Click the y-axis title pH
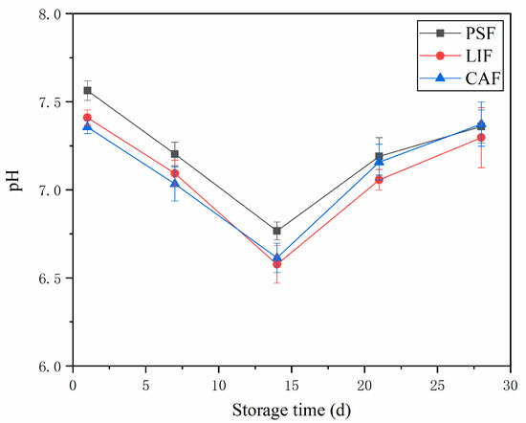coord(14,189)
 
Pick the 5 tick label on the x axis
coord(145,383)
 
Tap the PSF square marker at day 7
coord(175,154)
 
